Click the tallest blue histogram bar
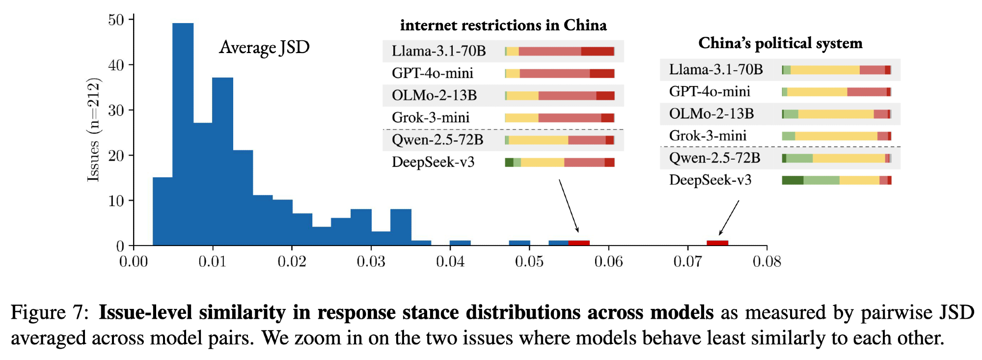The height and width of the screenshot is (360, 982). (x=183, y=133)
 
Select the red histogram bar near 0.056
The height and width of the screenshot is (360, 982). (x=579, y=243)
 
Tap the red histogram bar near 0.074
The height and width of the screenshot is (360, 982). (x=717, y=243)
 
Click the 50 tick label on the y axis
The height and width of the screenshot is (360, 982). (x=116, y=20)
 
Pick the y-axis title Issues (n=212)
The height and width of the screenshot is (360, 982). (x=93, y=130)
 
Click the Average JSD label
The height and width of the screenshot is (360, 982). (x=264, y=48)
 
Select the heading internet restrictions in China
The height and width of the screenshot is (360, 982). (x=503, y=25)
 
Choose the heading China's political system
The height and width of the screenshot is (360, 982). (x=780, y=43)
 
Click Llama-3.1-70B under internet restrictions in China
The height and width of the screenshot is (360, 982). (x=438, y=51)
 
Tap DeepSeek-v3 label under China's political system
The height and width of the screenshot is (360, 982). (x=710, y=180)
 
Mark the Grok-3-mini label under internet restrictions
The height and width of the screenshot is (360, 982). (x=431, y=118)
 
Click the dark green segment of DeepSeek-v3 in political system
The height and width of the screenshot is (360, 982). (x=792, y=180)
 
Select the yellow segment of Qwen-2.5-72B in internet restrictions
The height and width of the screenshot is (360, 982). (x=538, y=140)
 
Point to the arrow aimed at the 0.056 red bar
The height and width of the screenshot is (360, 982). (x=569, y=205)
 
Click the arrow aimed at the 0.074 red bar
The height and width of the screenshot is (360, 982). (x=729, y=218)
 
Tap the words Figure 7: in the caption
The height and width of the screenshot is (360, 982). (x=50, y=313)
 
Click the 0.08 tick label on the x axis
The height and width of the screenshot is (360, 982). (x=766, y=261)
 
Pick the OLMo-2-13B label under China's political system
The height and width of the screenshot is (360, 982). (x=711, y=114)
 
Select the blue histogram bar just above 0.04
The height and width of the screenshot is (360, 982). (x=460, y=243)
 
